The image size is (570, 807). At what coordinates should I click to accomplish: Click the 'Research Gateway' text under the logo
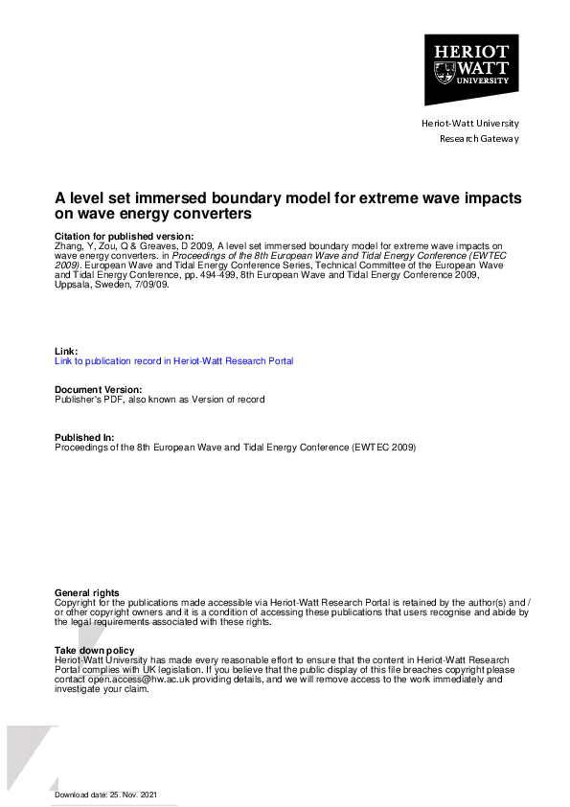[x=478, y=139]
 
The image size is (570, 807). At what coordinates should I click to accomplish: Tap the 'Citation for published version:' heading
[x=124, y=236]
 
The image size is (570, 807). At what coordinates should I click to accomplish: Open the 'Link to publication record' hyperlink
[x=173, y=361]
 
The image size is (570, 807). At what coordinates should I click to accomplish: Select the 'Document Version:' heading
[x=99, y=390]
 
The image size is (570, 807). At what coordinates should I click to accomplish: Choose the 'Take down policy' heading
[x=95, y=651]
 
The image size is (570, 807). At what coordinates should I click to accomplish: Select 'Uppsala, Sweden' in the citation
[x=86, y=283]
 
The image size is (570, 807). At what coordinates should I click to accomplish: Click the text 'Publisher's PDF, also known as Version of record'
[x=159, y=400]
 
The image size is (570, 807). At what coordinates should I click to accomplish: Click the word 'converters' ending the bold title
[x=214, y=215]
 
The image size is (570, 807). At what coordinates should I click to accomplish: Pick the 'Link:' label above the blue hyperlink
[x=66, y=352]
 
